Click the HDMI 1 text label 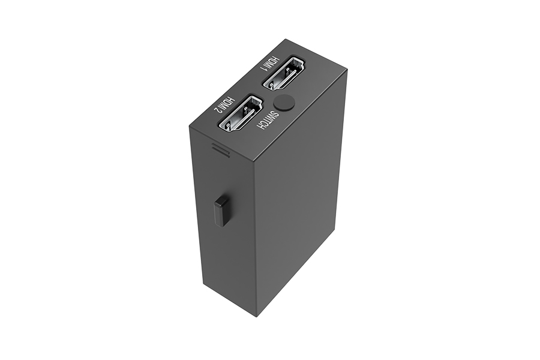pyautogui.click(x=271, y=62)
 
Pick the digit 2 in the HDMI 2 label pyautogui.click(x=215, y=110)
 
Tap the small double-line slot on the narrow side pyautogui.click(x=220, y=149)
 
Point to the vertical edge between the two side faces pyautogui.click(x=255, y=240)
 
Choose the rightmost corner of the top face pyautogui.click(x=347, y=70)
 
